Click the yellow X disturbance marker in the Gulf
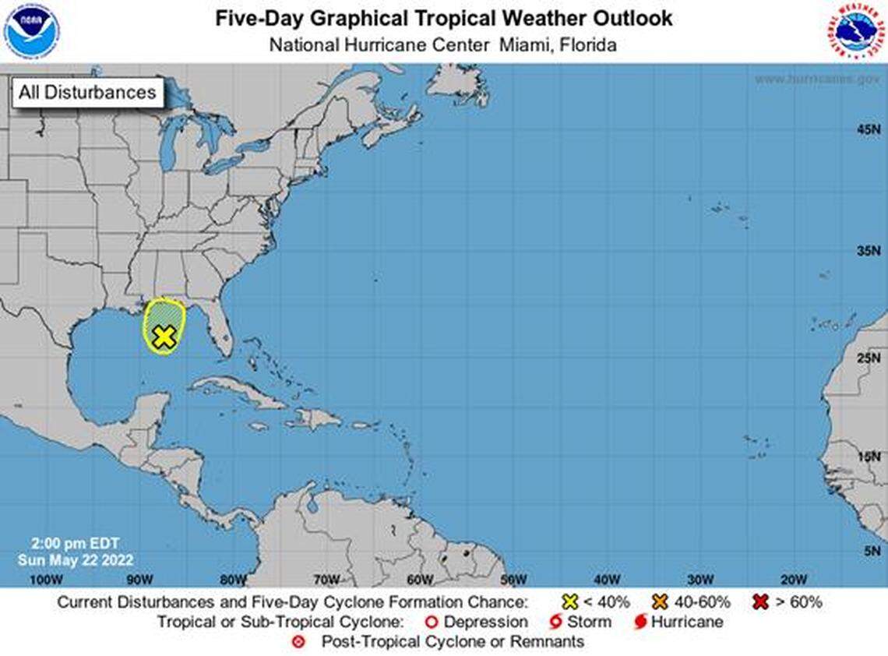click(x=163, y=337)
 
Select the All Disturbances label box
click(x=87, y=93)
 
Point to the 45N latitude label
click(x=867, y=129)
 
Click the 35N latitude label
click(x=867, y=252)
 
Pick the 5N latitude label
click(x=870, y=551)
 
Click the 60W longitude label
click(x=419, y=580)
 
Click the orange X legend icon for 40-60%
click(x=661, y=601)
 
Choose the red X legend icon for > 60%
click(x=760, y=601)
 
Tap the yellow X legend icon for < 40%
click(x=570, y=601)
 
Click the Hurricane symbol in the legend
click(x=640, y=622)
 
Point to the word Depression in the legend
click(x=485, y=622)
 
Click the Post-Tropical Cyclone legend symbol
click(x=296, y=643)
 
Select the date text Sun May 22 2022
click(x=76, y=560)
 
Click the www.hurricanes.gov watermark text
click(x=817, y=79)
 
